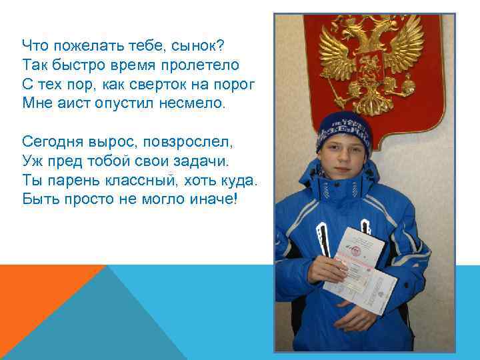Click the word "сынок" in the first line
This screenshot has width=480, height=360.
click(x=197, y=45)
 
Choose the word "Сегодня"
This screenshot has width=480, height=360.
click(x=53, y=141)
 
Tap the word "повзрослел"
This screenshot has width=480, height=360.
click(x=193, y=141)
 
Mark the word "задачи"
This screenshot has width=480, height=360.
click(x=200, y=161)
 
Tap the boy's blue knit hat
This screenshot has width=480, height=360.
click(x=343, y=131)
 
